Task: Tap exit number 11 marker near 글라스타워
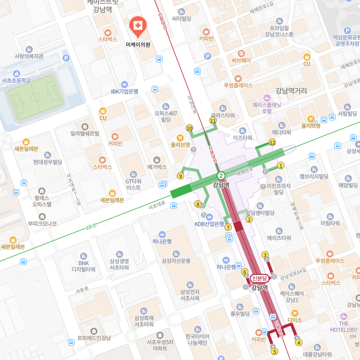click(213, 120)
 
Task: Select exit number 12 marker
click(272, 142)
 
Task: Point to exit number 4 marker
click(298, 342)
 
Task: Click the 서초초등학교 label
click(16, 80)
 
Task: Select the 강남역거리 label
click(291, 91)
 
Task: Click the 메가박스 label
click(156, 167)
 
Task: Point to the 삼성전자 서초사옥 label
click(190, 294)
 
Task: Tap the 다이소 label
click(295, 320)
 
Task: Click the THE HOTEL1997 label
click(344, 327)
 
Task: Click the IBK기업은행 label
click(124, 91)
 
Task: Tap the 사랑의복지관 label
click(29, 56)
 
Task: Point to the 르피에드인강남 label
click(93, 338)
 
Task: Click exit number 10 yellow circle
click(190, 128)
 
